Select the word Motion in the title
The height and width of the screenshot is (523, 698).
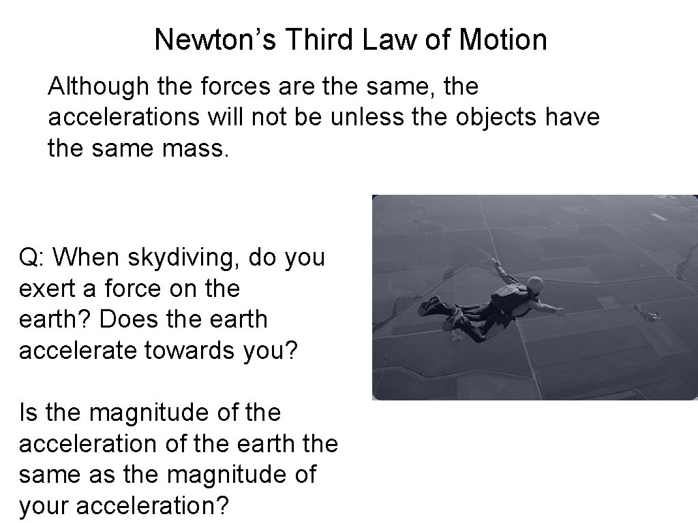point(503,39)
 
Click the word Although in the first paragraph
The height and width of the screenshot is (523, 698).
point(96,86)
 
